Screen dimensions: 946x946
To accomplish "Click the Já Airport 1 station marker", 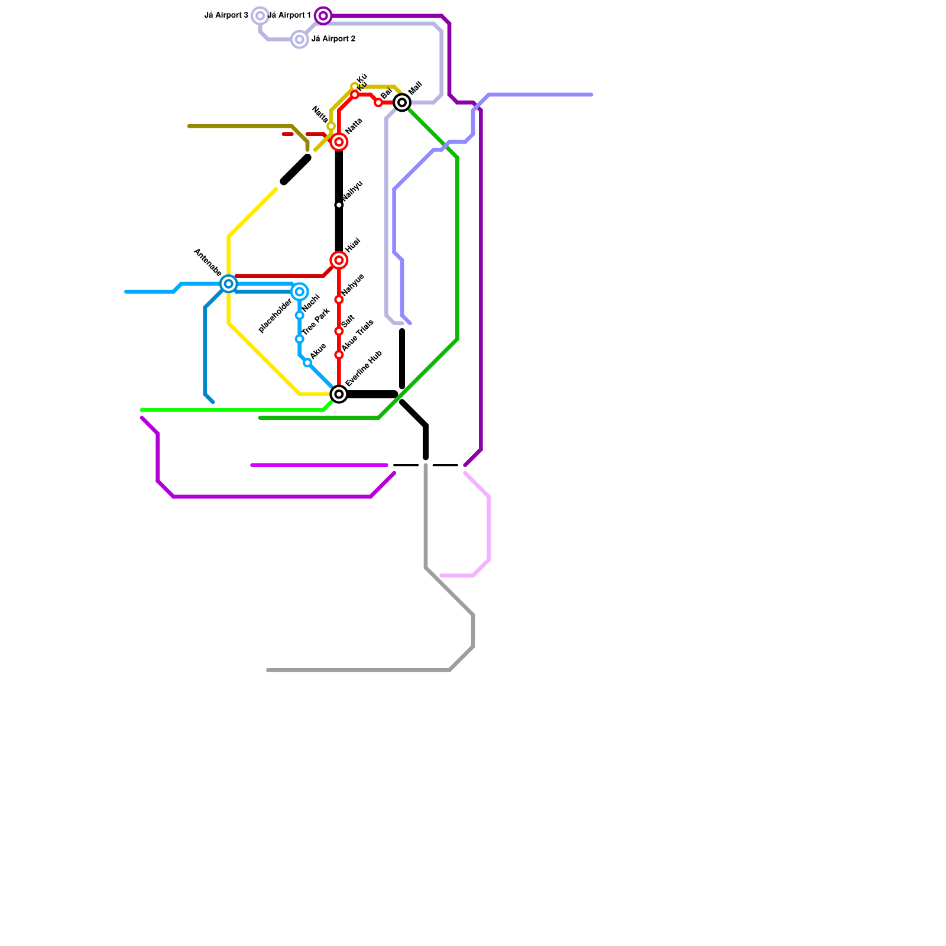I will tap(323, 16).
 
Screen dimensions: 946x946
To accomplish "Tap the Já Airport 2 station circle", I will tap(300, 40).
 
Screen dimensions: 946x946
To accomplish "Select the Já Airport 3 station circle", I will tap(260, 16).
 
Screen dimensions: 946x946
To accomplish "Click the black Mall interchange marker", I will tap(402, 103).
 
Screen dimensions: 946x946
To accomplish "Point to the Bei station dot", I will tap(378, 103).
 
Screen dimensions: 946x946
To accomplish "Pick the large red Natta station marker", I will tap(339, 142).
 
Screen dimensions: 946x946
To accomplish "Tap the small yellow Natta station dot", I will tap(331, 127).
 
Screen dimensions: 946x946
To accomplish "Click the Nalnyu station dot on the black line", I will tap(339, 205).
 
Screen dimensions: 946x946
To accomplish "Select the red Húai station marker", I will tap(339, 260).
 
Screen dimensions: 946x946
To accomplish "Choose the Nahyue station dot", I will tap(339, 300).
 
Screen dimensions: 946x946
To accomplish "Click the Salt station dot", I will tap(339, 331).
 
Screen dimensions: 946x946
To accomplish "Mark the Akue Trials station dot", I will tap(339, 355).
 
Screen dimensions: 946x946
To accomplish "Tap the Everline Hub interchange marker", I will tap(339, 394).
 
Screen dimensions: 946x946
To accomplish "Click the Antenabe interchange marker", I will tap(229, 284).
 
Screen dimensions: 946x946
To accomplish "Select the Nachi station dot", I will tap(300, 316).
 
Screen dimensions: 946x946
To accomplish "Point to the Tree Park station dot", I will tap(300, 339).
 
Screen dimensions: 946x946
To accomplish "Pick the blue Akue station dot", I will tap(307, 363).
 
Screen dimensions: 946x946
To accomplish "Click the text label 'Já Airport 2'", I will tap(333, 39).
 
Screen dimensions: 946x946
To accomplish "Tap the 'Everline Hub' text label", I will tap(364, 369).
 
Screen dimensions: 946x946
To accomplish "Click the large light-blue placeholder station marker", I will tap(300, 292).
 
